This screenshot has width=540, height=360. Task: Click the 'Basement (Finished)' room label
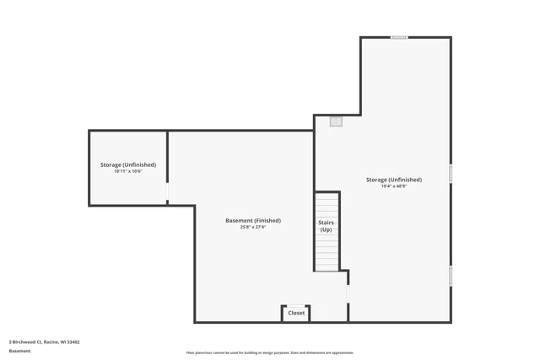tap(253, 221)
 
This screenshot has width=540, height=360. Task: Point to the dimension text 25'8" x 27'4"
tap(253, 227)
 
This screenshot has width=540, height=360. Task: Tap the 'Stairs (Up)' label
tap(326, 226)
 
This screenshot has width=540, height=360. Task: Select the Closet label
tap(296, 313)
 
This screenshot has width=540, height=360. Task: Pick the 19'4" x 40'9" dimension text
tap(394, 185)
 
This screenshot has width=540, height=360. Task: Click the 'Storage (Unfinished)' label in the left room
tap(128, 164)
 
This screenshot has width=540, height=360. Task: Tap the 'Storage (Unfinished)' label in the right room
tap(394, 180)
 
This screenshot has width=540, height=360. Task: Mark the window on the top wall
tap(399, 37)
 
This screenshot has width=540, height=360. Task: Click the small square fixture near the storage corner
tap(336, 121)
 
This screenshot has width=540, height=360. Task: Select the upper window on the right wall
tap(451, 174)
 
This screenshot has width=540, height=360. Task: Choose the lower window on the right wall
tap(451, 276)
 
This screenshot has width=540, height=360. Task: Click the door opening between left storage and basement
tap(167, 193)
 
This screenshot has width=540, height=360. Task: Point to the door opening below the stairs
tap(348, 292)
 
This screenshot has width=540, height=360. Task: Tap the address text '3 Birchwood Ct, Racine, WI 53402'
tap(44, 342)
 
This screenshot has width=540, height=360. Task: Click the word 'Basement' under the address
tap(19, 351)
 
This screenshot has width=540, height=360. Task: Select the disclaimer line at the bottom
tap(270, 352)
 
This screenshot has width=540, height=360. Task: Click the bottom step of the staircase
tap(327, 266)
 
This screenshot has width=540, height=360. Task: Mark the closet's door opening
tap(296, 305)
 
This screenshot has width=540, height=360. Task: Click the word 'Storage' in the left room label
tap(111, 164)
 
